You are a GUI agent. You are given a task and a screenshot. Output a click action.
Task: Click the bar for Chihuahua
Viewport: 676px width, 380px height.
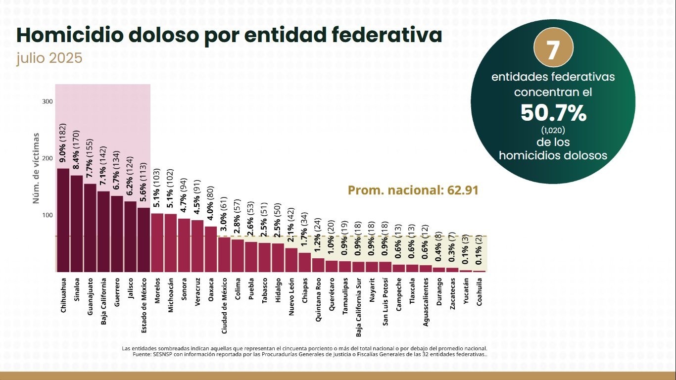(63, 220)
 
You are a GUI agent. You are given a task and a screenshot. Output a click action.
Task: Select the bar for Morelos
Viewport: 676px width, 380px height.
(157, 242)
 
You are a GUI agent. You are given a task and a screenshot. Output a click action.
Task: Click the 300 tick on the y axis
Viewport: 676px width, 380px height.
(48, 101)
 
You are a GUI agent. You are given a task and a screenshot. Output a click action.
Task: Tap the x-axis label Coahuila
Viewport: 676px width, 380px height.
(479, 294)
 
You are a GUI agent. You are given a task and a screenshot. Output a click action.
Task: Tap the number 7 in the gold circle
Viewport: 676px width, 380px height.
(553, 50)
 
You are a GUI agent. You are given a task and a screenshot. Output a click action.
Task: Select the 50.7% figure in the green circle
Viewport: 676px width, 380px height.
(553, 113)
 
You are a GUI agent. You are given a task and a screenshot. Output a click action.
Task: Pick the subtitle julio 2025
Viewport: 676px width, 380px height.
(49, 58)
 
